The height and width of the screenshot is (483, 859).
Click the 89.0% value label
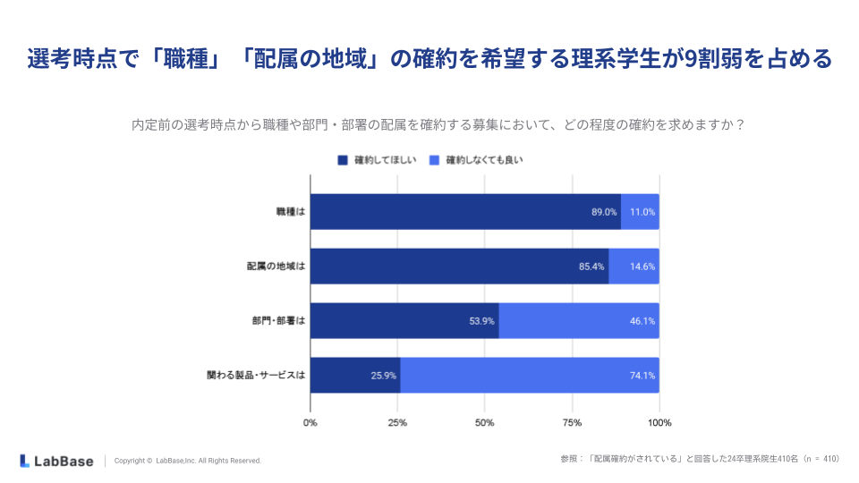pos(604,212)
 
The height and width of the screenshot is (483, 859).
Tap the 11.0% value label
pos(642,212)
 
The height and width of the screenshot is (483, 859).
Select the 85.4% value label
pos(592,267)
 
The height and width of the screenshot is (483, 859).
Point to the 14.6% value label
pos(642,267)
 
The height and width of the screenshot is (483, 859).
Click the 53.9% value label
pos(482,321)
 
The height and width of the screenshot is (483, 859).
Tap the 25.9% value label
pos(384,376)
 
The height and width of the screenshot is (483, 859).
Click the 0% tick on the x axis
pos(310,422)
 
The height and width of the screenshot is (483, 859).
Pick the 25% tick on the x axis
pos(397,422)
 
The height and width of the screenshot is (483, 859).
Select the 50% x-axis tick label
pos(485,422)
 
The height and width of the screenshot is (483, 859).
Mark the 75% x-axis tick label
pos(572,422)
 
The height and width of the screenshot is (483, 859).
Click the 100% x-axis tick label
pos(659,422)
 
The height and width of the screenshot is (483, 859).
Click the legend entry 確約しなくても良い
pos(477,160)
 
